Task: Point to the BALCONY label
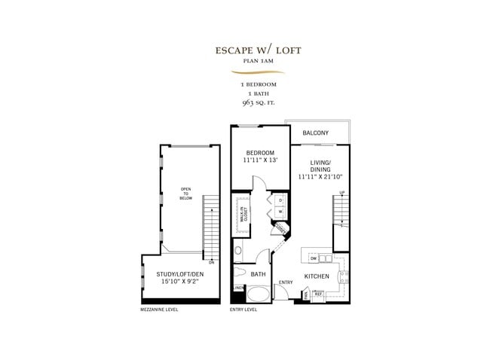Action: tap(315, 133)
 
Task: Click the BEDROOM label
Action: tap(261, 152)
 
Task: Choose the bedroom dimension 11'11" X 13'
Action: tap(261, 160)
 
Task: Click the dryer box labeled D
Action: tap(280, 201)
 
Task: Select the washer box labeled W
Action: tap(280, 212)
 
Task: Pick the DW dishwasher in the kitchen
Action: tap(313, 258)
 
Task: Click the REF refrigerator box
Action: tap(317, 295)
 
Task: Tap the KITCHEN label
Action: tap(317, 276)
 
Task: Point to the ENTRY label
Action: tap(286, 282)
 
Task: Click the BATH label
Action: tap(258, 275)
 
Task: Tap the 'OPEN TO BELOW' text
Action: tap(185, 195)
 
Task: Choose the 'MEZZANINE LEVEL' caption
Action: tap(160, 310)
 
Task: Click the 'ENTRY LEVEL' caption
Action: tap(243, 310)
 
